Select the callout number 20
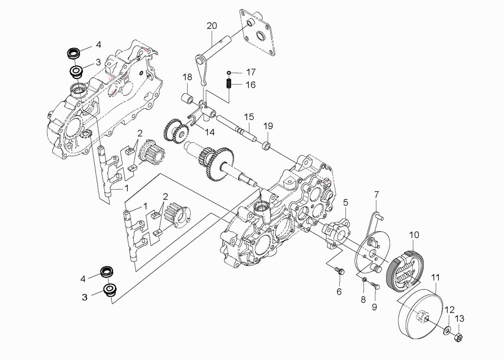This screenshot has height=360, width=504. click(212, 26)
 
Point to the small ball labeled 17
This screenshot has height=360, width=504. click(229, 72)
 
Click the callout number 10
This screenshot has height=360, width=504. click(414, 235)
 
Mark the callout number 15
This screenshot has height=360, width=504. click(249, 117)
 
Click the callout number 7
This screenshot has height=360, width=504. click(376, 194)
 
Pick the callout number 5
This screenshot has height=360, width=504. click(345, 202)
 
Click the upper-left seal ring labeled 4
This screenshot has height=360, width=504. click(73, 53)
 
